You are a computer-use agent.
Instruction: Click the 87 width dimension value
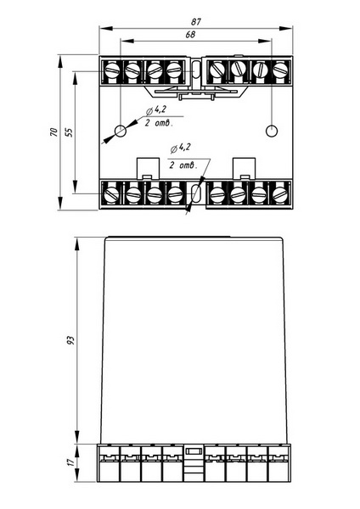[196, 22]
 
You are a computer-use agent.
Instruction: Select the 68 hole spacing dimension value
[190, 35]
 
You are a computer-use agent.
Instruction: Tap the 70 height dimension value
[53, 131]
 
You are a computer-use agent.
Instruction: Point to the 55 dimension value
[70, 131]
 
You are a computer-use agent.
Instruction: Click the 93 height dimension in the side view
[70, 340]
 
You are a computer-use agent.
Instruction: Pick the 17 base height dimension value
[71, 461]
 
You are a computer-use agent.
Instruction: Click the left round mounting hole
[121, 131]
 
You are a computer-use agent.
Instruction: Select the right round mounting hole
[272, 131]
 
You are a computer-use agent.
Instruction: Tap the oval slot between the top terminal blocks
[195, 70]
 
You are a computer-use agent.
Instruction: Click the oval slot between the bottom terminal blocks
[195, 193]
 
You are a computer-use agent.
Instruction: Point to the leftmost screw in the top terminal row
[112, 70]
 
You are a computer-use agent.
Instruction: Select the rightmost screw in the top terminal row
[280, 70]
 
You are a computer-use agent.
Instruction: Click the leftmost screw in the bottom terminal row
[112, 195]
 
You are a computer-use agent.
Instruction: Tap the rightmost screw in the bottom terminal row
[280, 194]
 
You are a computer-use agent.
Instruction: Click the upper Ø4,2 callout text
[156, 110]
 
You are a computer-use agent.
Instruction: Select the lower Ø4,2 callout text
[180, 148]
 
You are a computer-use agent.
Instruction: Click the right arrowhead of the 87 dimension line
[285, 29]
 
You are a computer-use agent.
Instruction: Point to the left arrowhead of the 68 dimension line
[127, 42]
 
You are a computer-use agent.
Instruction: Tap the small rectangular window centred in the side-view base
[194, 451]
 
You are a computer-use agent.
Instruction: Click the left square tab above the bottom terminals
[148, 168]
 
